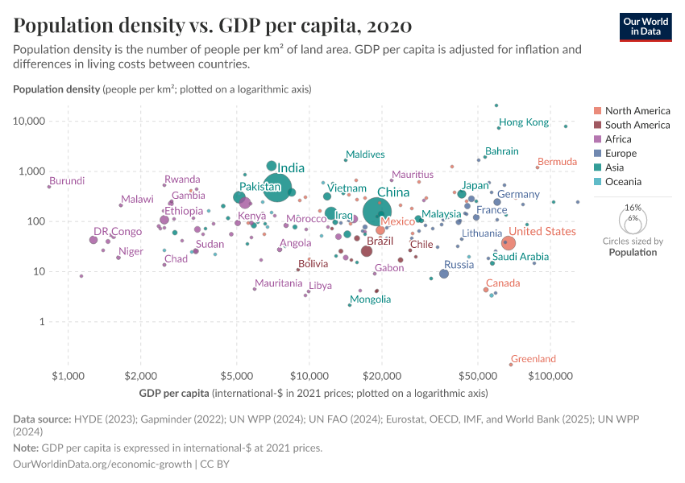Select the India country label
point(291,168)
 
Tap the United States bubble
point(508,243)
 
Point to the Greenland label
point(533,359)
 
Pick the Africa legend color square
point(597,139)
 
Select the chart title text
point(213,26)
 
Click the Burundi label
point(66,181)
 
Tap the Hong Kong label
point(524,122)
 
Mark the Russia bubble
point(444,274)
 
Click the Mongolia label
point(370,299)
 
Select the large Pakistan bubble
point(277,188)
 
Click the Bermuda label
point(557,162)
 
